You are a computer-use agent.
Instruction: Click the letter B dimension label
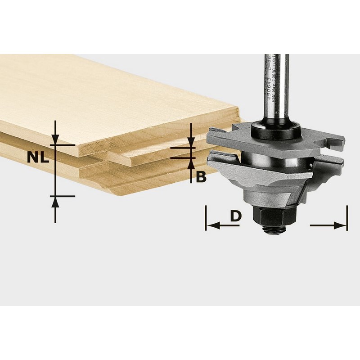coord(201,177)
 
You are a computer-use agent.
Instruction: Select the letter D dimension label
coord(236,216)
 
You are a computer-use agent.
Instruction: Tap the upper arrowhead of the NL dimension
coord(55,140)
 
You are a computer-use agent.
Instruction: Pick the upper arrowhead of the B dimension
coord(191,142)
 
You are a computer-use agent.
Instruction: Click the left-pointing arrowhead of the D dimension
coord(211,225)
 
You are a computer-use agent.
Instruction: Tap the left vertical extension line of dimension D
coord(206,218)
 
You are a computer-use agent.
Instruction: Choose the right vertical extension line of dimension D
coord(347,218)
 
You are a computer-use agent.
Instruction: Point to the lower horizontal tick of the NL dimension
coord(61,196)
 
